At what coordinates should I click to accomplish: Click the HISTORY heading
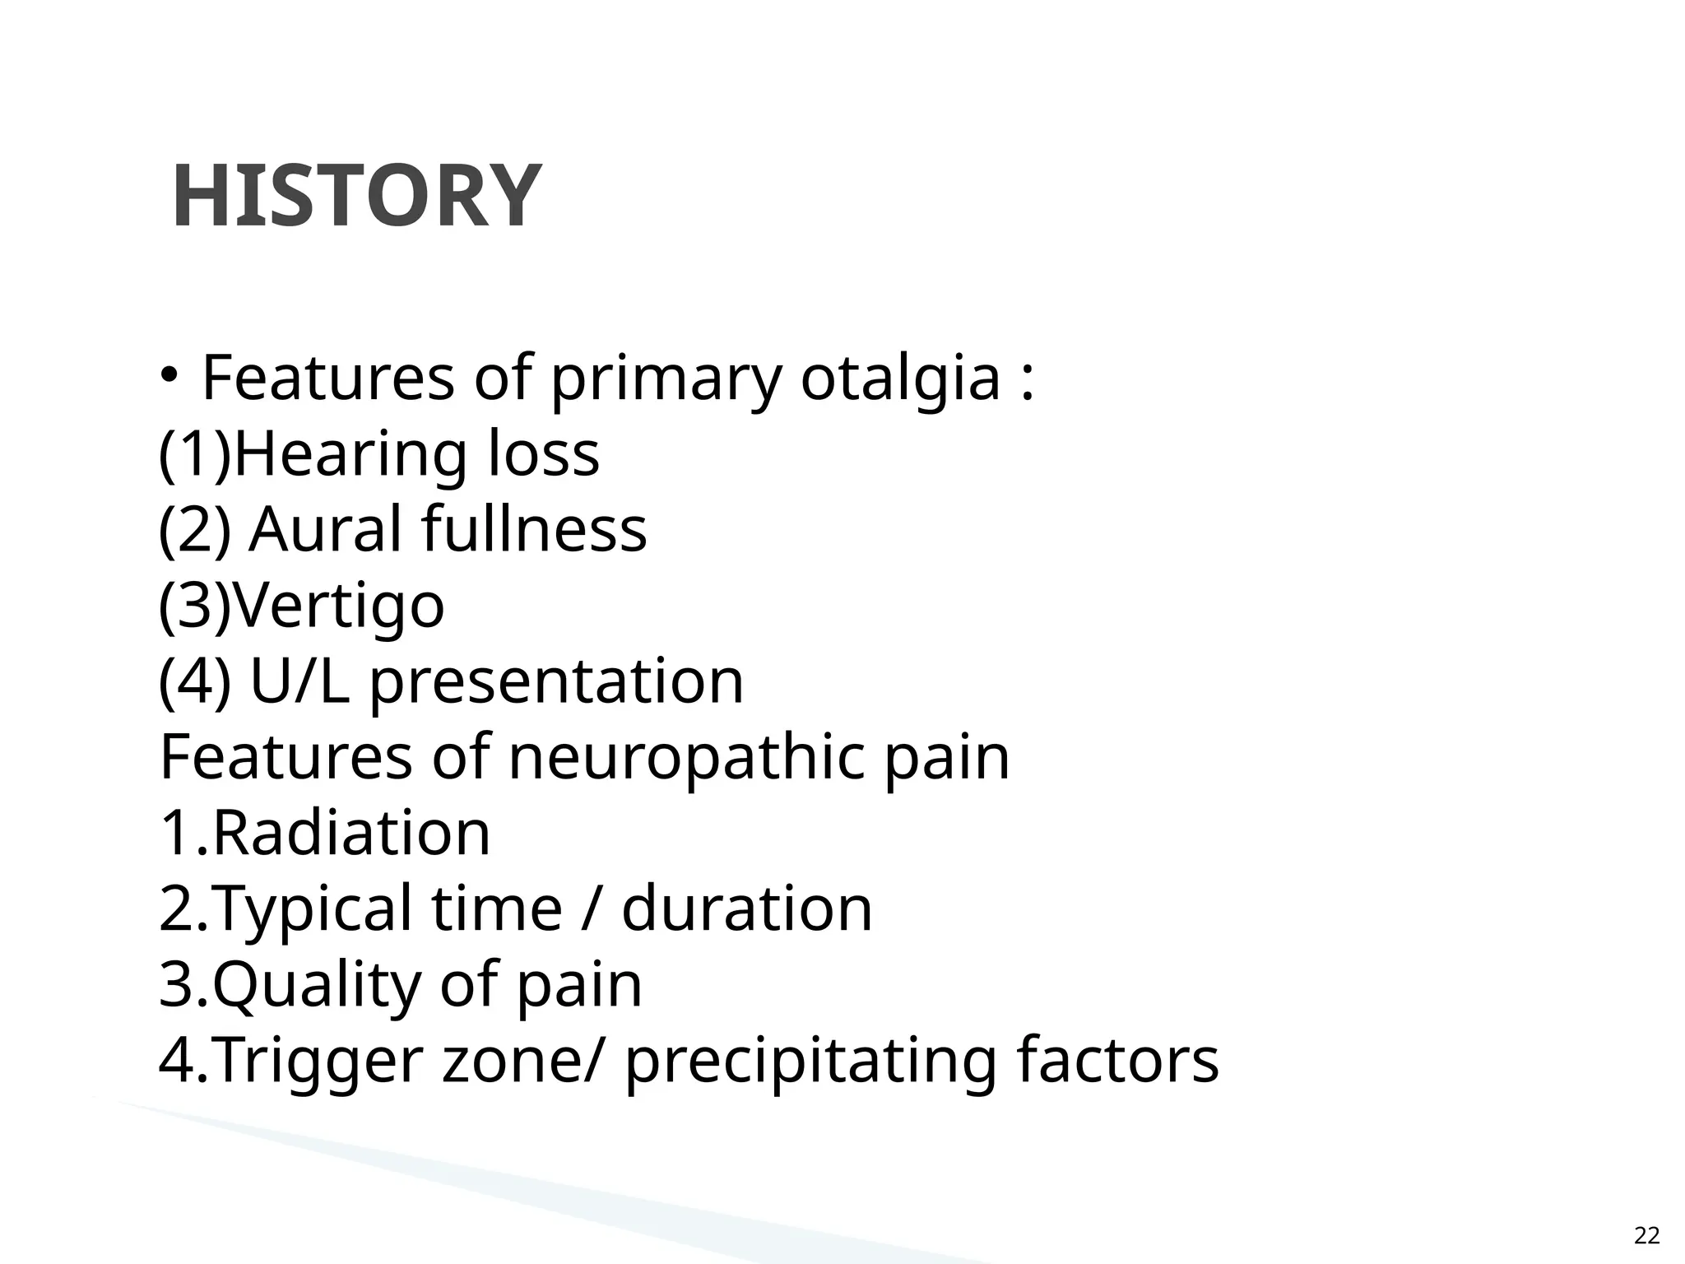click(356, 197)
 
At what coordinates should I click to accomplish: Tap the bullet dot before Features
click(169, 375)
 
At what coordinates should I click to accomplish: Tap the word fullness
click(534, 529)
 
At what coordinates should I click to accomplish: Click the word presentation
click(556, 683)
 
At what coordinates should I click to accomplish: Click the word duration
click(746, 908)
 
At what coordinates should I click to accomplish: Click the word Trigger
click(319, 1062)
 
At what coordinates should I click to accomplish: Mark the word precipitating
click(810, 1062)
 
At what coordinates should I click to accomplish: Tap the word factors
click(1117, 1060)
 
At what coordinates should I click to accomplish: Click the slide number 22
click(1646, 1235)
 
